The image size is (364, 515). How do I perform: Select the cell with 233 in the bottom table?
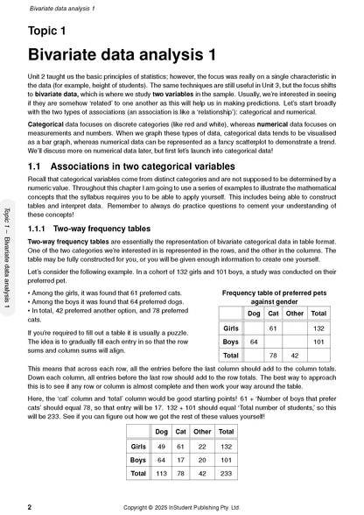(227, 472)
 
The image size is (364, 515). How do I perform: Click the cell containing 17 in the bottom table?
(182, 458)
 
